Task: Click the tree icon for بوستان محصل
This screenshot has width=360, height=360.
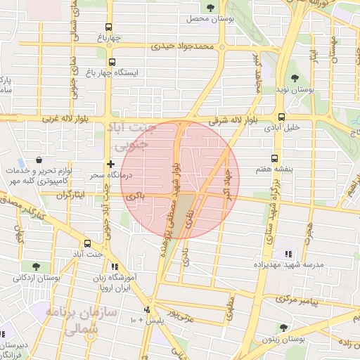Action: click(211, 8)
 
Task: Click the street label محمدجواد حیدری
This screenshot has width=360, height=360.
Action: click(184, 46)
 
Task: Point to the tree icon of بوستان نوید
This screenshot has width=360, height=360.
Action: click(294, 79)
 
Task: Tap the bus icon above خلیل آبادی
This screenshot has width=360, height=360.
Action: click(281, 117)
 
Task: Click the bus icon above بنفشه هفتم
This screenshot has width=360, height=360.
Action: click(274, 159)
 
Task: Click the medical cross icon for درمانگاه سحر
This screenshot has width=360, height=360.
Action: click(111, 163)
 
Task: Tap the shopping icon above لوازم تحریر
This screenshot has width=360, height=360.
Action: click(37, 161)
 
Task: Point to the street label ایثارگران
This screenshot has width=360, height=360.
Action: click(70, 193)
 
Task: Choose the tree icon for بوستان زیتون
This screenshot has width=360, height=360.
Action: click(283, 328)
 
